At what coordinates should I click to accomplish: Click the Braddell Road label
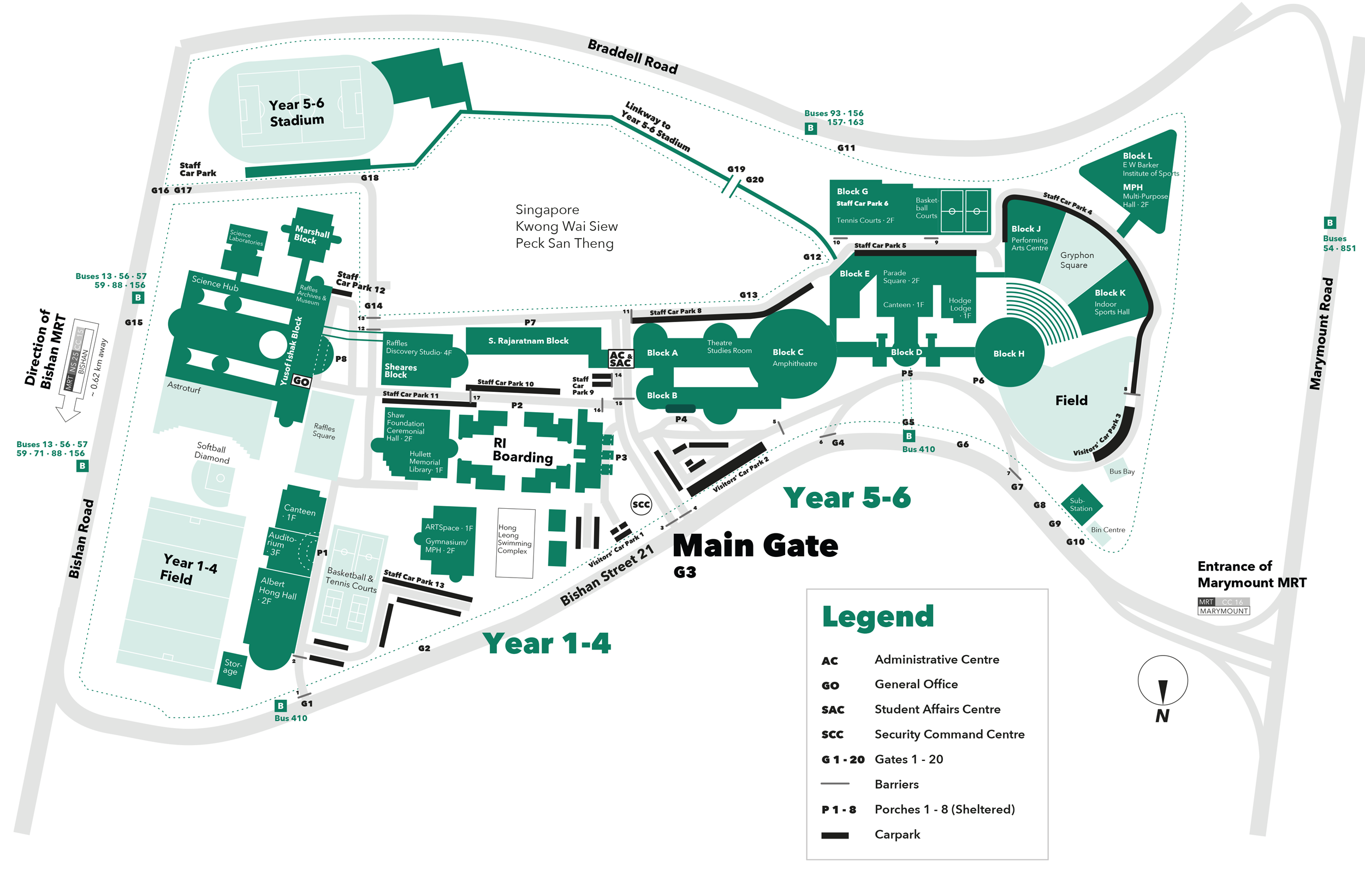pos(633,57)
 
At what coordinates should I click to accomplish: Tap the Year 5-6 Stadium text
pos(296,112)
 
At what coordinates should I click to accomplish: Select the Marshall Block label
pos(311,235)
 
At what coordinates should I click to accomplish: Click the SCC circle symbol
pos(640,504)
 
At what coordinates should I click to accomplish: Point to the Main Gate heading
pos(755,545)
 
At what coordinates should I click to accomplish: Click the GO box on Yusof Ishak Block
pos(300,382)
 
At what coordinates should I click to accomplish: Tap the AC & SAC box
pos(621,359)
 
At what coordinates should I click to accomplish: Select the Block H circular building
pos(1009,353)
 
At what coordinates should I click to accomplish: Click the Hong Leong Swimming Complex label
pos(514,539)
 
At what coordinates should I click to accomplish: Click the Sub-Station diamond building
pos(1081,504)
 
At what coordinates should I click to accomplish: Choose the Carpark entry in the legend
pos(897,834)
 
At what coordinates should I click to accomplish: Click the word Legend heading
pos(877,616)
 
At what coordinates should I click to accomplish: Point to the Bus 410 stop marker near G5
pos(909,436)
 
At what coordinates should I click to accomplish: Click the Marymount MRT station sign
pos(1224,606)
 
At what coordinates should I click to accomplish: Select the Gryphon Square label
pos(1076,260)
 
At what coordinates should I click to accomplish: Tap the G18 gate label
pos(369,178)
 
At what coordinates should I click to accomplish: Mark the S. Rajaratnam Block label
pos(528,341)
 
